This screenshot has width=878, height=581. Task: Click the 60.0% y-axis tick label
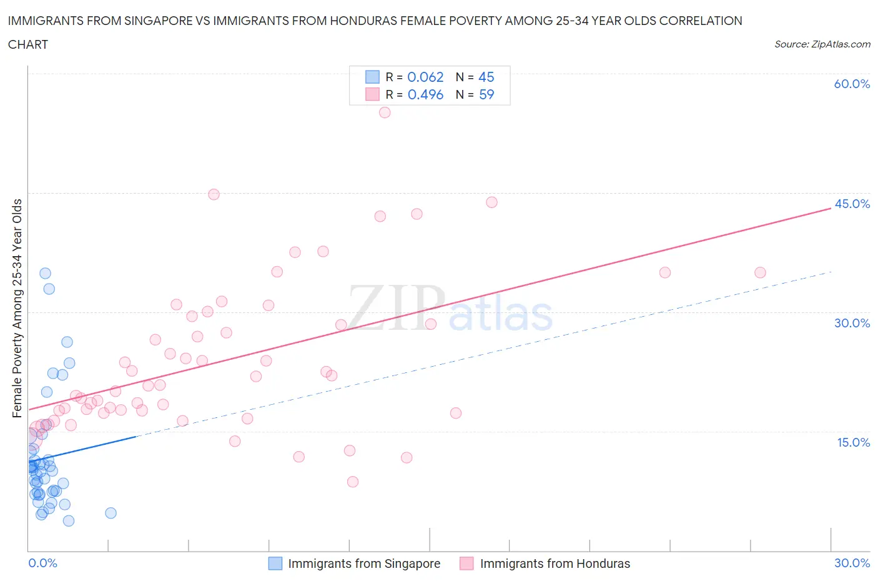pos(852,84)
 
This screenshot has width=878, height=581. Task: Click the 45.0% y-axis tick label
pos(852,204)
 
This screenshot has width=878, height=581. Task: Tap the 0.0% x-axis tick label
pos(42,563)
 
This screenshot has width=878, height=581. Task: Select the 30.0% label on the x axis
pos(852,563)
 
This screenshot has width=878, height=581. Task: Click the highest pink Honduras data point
pos(385,112)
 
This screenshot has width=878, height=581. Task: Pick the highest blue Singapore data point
pos(45,273)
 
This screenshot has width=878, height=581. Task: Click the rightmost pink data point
pos(760,272)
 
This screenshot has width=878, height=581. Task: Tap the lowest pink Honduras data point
pos(353,482)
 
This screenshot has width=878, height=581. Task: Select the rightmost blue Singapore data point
pos(111,513)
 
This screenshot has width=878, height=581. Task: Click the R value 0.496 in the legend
pos(425,94)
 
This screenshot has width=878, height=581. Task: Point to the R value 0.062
pos(425,77)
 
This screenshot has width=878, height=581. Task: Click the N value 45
pos(486,77)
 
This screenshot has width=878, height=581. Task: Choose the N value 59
pos(486,94)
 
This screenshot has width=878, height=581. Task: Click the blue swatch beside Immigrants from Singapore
pos(275,564)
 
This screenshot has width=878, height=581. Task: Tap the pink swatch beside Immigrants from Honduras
pos(466,564)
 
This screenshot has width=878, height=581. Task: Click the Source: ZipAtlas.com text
pos(822,44)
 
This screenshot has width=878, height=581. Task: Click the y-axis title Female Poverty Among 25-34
pos(17,308)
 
